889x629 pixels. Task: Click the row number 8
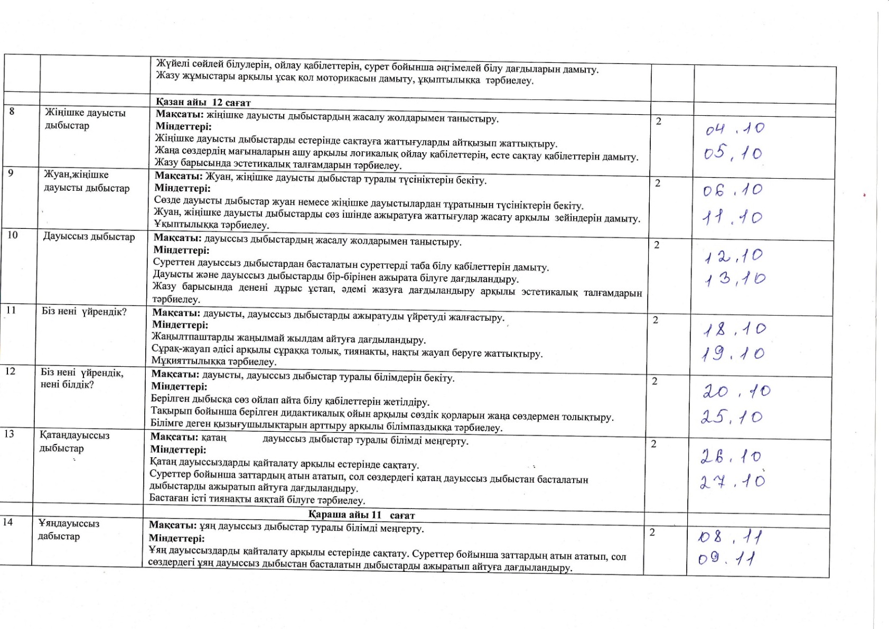click(x=12, y=112)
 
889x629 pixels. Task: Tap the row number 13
click(x=9, y=434)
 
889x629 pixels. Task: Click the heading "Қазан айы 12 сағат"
click(x=203, y=103)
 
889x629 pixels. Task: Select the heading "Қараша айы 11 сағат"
click(x=361, y=515)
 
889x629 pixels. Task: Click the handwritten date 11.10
click(x=732, y=217)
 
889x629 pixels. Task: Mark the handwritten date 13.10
click(x=735, y=279)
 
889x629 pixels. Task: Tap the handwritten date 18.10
click(x=734, y=330)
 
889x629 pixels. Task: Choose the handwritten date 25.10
click(x=732, y=417)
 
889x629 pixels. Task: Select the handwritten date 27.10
click(x=732, y=481)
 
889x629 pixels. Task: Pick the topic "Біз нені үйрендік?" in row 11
click(x=84, y=311)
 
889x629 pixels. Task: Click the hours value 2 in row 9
click(x=658, y=183)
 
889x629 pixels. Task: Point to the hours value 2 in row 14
click(x=652, y=532)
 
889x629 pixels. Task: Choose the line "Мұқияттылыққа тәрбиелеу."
click(x=214, y=362)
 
